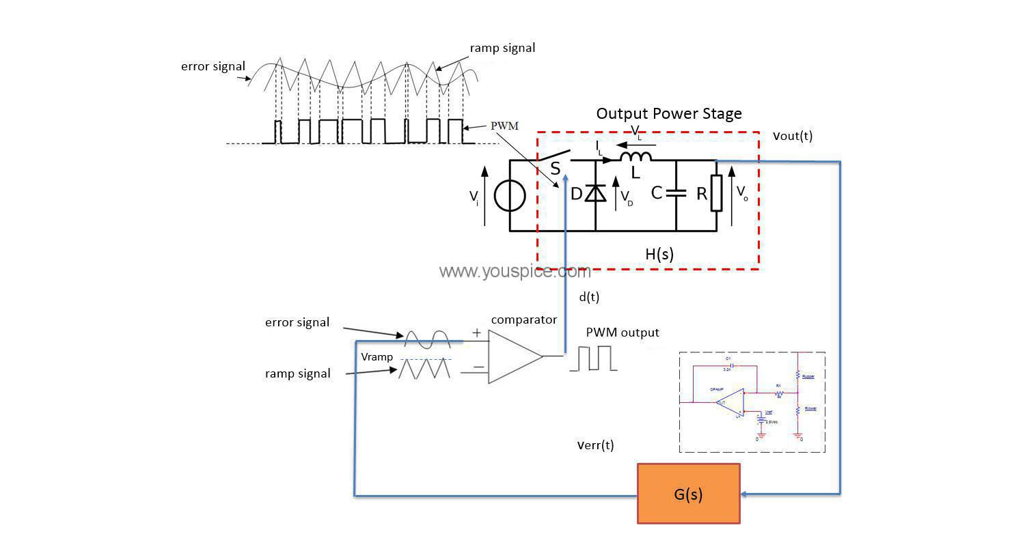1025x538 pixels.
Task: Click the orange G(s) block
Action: (x=688, y=494)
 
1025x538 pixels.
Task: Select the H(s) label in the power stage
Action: (x=659, y=254)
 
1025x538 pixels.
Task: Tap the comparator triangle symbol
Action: (x=513, y=356)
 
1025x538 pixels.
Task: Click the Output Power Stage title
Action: (x=668, y=113)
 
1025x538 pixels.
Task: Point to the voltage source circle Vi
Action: (x=510, y=196)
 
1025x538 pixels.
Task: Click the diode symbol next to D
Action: (x=597, y=194)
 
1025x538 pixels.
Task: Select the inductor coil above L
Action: (x=635, y=156)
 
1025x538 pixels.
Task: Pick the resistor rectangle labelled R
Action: (x=716, y=193)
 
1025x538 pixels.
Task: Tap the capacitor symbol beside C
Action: (x=676, y=193)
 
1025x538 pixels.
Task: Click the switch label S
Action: (x=556, y=168)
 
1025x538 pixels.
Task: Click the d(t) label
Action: (x=588, y=297)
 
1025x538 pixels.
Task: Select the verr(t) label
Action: (x=595, y=445)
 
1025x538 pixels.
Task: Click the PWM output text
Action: (x=622, y=332)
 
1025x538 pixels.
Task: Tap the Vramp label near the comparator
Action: (x=377, y=357)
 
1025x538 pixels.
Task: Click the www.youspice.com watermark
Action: (x=514, y=271)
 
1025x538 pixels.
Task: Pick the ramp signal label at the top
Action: (x=502, y=48)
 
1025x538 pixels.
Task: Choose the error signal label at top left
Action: (x=213, y=66)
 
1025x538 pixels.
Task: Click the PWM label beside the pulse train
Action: (x=504, y=126)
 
